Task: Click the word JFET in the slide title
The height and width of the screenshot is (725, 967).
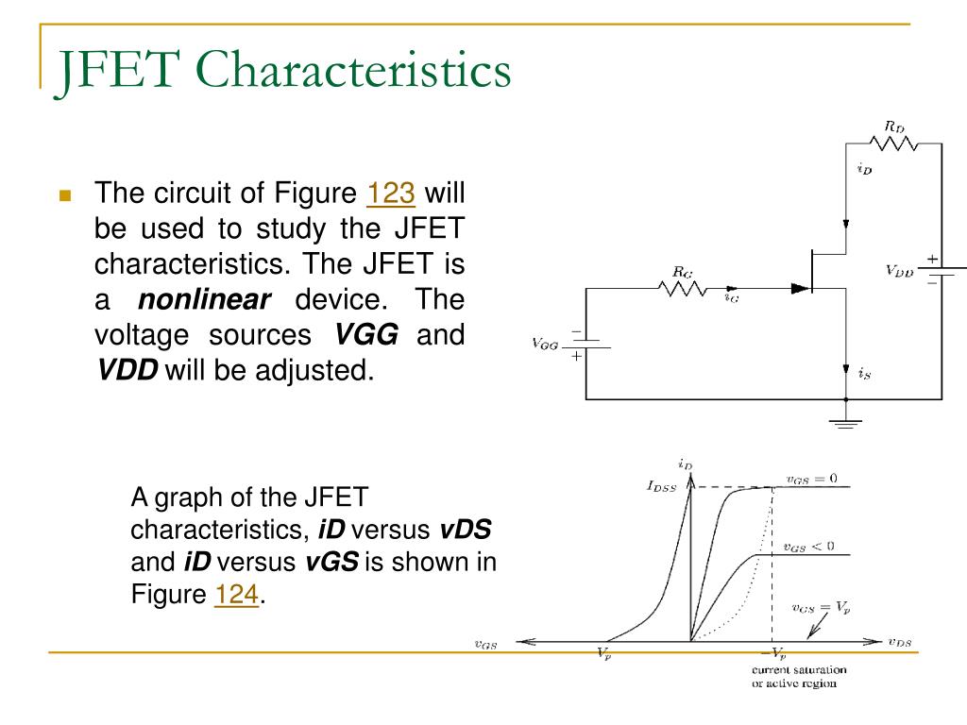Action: coord(118,71)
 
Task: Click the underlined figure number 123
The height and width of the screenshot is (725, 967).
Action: coord(391,193)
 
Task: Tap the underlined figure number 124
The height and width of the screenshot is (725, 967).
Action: coord(236,595)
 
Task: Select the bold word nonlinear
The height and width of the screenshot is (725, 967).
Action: coord(204,299)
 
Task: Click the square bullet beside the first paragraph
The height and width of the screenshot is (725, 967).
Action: coord(65,195)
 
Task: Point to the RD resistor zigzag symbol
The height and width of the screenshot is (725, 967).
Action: coord(893,143)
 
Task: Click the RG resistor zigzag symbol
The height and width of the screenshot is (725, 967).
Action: coord(683,288)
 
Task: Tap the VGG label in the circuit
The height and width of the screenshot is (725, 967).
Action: coord(545,344)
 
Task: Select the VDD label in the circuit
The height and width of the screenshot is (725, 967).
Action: coord(899,271)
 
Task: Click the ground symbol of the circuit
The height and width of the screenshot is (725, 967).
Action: coord(845,423)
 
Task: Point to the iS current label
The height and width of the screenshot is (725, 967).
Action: coord(865,373)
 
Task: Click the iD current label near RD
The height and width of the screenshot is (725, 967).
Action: coord(865,168)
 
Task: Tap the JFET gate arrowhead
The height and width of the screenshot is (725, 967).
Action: coord(800,288)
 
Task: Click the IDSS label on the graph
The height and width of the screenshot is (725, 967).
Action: coord(662,486)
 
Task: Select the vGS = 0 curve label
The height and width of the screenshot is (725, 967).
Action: coord(811,479)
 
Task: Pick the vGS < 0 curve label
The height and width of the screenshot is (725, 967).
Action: coord(808,547)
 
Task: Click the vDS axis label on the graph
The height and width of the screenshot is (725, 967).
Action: coord(900,642)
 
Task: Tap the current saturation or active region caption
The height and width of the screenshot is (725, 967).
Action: coord(799,676)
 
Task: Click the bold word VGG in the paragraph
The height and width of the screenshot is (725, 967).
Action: coord(365,335)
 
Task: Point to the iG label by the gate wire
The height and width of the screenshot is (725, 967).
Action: coord(732,297)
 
